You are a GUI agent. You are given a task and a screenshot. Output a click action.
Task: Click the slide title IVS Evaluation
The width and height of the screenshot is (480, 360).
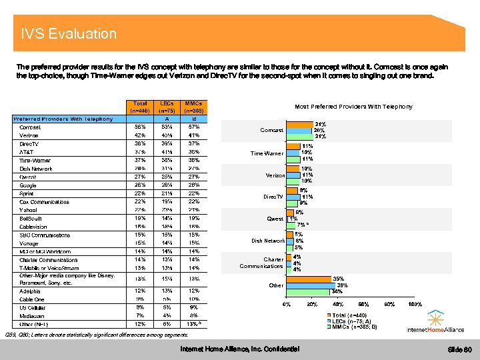69,34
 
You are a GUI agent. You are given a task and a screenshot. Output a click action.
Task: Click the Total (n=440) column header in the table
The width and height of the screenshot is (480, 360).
140,107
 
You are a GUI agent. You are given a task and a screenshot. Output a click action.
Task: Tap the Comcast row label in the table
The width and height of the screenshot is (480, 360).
30,127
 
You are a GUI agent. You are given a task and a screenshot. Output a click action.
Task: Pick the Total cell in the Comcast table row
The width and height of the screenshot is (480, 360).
140,127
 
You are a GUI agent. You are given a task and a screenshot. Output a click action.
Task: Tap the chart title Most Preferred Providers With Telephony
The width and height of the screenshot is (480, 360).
353,107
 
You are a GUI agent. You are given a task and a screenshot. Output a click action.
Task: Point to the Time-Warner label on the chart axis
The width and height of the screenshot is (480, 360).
267,154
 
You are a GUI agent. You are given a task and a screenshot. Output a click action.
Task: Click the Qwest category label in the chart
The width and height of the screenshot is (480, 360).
275,219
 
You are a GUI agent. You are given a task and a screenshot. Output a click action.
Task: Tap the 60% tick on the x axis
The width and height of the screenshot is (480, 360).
364,305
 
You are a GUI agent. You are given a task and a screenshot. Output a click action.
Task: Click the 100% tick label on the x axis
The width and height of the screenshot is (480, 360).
414,305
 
